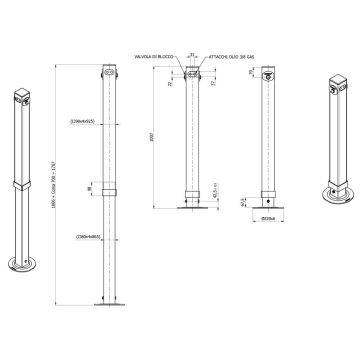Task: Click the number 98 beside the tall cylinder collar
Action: [x=88, y=188]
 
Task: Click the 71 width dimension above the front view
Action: [x=193, y=45]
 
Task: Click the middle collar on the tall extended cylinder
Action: [x=109, y=188]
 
